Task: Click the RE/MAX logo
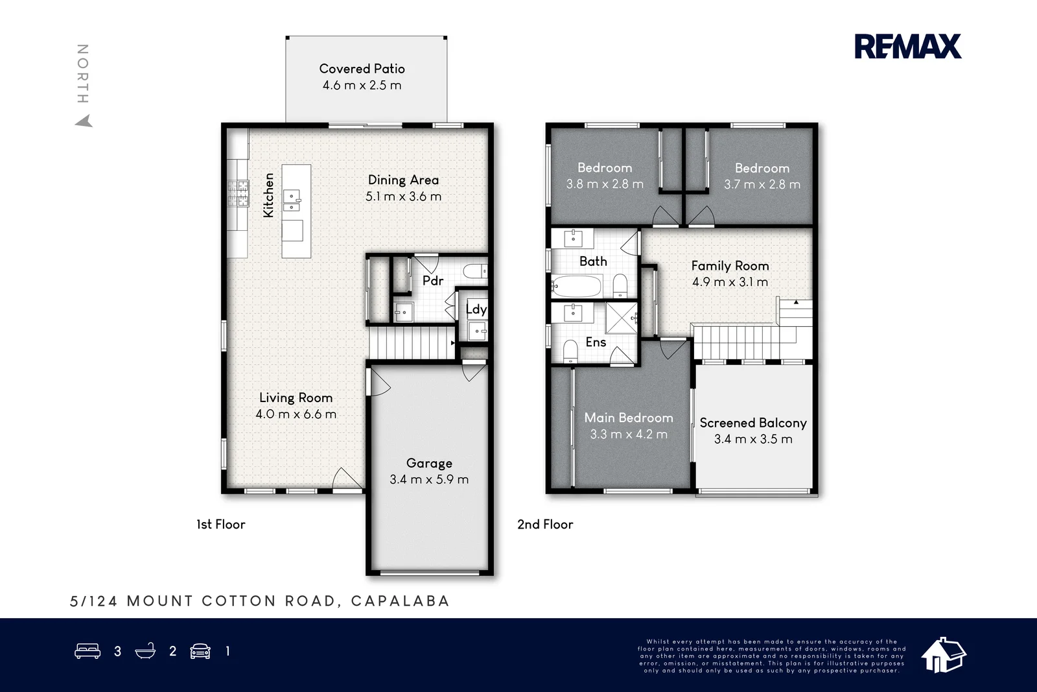pos(908,46)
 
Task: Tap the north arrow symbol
pos(84,121)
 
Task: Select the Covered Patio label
pos(362,69)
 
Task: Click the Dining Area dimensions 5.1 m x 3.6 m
pos(403,197)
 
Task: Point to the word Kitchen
pos(268,195)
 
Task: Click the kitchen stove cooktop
pos(238,194)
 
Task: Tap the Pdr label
pos(433,281)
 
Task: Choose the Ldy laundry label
pos(476,309)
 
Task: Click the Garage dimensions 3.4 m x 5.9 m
pos(429,479)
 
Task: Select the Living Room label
pos(296,398)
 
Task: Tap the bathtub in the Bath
pos(576,286)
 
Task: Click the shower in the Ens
pos(622,318)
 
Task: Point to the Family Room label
pos(730,265)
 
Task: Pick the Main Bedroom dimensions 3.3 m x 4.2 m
pos(629,435)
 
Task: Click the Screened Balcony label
pos(753,423)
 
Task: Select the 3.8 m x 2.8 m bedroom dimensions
pos(605,184)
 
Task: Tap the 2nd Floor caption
pos(545,524)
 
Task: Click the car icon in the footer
pos(200,651)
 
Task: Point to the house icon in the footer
pos(944,655)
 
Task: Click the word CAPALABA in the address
pos(400,601)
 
